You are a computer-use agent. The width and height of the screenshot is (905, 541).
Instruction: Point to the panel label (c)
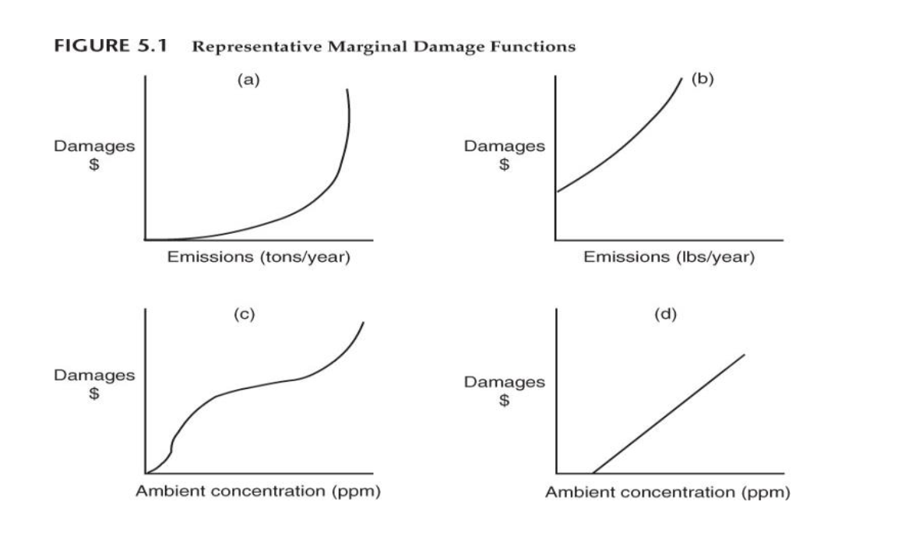pyautogui.click(x=244, y=315)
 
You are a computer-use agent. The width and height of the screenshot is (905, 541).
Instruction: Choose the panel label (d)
pyautogui.click(x=666, y=315)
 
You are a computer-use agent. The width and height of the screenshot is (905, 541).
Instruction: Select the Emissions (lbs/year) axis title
pyautogui.click(x=669, y=258)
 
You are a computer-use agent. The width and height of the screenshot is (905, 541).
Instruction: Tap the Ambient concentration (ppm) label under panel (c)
pyautogui.click(x=258, y=492)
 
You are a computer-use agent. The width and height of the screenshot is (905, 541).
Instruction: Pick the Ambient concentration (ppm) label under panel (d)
pyautogui.click(x=667, y=493)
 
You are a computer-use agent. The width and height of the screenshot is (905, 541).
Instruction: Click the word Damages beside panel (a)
pyautogui.click(x=93, y=146)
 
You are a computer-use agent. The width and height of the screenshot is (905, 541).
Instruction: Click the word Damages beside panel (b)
pyautogui.click(x=505, y=146)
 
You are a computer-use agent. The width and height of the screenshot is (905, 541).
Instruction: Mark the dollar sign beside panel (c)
pyautogui.click(x=93, y=394)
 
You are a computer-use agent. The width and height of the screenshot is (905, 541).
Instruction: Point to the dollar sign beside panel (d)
pyautogui.click(x=505, y=401)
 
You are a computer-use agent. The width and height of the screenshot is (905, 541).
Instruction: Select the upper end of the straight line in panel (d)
pyautogui.click(x=745, y=355)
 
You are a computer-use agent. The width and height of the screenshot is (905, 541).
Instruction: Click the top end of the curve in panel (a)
pyautogui.click(x=347, y=90)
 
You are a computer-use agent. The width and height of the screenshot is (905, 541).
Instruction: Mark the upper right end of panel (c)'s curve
pyautogui.click(x=363, y=322)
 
